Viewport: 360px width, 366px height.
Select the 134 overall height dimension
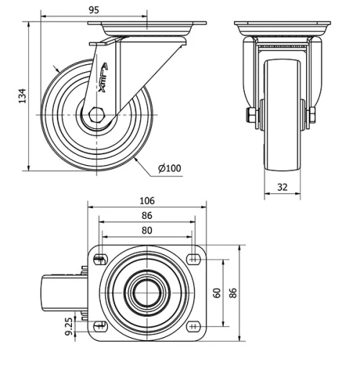click(22, 94)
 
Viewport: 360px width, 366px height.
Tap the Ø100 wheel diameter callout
click(169, 169)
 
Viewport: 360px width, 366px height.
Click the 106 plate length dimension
click(147, 200)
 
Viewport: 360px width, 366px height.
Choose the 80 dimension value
click(147, 231)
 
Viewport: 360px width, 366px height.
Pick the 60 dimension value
click(216, 293)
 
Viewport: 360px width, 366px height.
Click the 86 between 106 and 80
click(147, 215)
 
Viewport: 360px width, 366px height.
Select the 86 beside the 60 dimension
click(232, 293)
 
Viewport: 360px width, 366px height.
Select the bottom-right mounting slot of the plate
click(193, 327)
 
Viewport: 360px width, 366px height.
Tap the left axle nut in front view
click(251, 115)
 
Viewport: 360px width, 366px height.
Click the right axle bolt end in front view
click(313, 115)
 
